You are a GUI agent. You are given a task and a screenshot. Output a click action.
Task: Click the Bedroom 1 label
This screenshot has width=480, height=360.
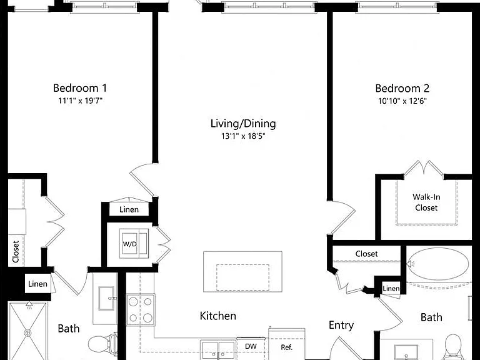(x=80, y=88)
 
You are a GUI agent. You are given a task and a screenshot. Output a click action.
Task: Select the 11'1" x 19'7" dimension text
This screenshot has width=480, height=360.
(x=80, y=101)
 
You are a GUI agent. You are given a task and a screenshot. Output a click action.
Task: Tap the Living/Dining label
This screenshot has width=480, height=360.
(x=243, y=124)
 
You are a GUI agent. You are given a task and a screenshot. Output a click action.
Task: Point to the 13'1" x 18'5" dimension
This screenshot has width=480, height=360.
(x=243, y=136)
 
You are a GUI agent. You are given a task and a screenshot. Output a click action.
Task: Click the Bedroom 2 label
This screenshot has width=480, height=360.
(x=402, y=89)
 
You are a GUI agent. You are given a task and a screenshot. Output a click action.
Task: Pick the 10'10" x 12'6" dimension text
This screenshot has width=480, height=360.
(x=402, y=101)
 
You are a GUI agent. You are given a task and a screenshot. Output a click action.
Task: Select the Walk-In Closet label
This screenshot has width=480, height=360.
(x=426, y=202)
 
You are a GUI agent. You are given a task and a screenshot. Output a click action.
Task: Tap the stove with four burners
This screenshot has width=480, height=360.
(x=141, y=309)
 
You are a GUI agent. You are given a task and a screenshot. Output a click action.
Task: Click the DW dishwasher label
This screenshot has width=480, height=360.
(x=251, y=346)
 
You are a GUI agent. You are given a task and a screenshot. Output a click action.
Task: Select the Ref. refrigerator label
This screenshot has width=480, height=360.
(x=286, y=347)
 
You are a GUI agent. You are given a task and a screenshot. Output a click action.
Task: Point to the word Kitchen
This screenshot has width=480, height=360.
(x=217, y=316)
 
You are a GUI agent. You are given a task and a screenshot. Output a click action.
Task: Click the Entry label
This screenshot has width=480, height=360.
(x=341, y=326)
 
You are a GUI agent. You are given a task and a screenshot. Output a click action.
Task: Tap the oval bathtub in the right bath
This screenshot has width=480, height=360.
(x=437, y=264)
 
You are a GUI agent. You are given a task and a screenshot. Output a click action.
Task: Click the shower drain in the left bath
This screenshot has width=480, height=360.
(x=28, y=332)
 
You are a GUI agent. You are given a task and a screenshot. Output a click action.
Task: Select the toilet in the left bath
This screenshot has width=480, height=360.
(x=103, y=344)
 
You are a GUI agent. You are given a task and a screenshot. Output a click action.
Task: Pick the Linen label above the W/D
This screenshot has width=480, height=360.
(x=129, y=210)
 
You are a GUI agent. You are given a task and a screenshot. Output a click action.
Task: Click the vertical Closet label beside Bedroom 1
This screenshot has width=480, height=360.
(x=16, y=252)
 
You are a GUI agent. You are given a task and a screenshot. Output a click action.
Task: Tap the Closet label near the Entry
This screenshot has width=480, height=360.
(x=366, y=254)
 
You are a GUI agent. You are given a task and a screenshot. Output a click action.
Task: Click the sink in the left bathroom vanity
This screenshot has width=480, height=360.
(x=106, y=298)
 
